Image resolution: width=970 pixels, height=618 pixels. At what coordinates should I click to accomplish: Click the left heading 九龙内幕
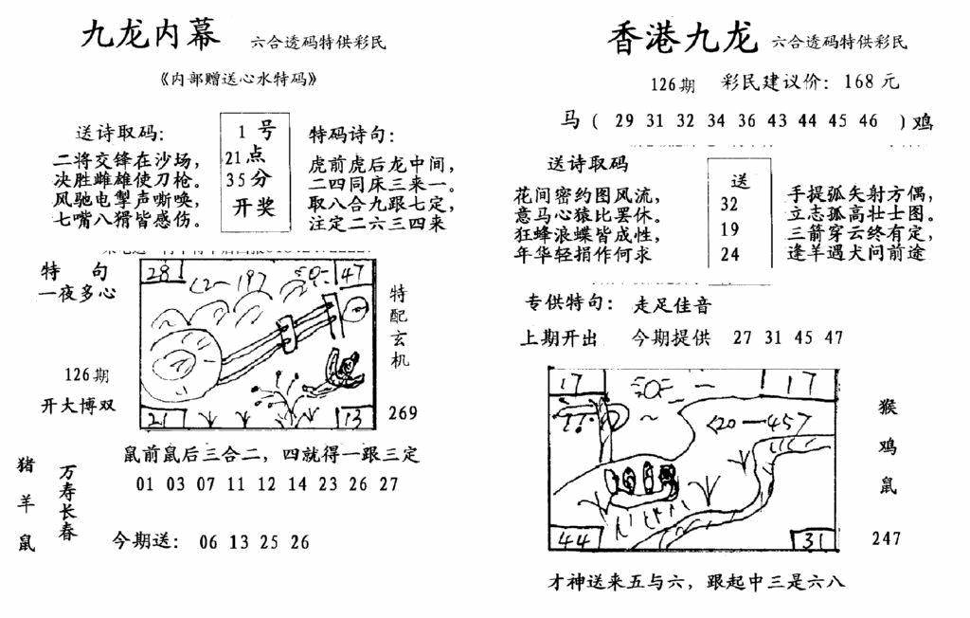pyautogui.click(x=151, y=35)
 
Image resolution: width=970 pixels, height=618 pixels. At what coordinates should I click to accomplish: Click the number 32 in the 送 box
pyautogui.click(x=728, y=204)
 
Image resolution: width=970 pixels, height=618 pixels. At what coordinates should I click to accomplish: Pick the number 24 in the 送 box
pyautogui.click(x=728, y=254)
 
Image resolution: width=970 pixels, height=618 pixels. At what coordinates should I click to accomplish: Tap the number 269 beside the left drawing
pyautogui.click(x=404, y=412)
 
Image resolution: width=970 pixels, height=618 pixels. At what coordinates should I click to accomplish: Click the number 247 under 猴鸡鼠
pyautogui.click(x=887, y=538)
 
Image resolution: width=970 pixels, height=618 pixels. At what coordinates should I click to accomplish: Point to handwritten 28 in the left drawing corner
pyautogui.click(x=159, y=275)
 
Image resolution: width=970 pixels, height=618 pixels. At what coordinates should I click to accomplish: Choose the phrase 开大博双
pyautogui.click(x=78, y=405)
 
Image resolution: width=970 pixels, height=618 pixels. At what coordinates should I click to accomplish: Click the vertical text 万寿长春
pyautogui.click(x=67, y=502)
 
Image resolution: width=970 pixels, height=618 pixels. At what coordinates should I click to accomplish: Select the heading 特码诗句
pyautogui.click(x=351, y=134)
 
